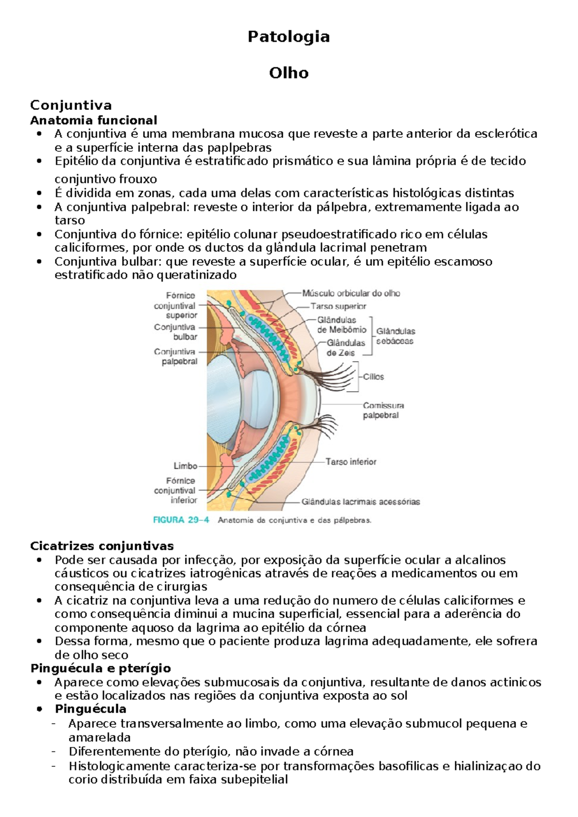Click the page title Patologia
click(x=289, y=37)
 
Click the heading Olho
click(x=289, y=73)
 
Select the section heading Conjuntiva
click(x=71, y=105)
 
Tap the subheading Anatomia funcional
click(x=93, y=120)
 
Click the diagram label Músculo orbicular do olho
click(x=351, y=293)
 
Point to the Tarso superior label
click(x=338, y=306)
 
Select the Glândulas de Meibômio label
click(x=342, y=325)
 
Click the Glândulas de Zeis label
click(x=345, y=348)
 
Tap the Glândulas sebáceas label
click(x=395, y=336)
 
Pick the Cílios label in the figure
click(x=373, y=377)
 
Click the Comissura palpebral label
click(x=383, y=410)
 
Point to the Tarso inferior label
click(x=351, y=461)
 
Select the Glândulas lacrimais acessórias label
click(x=361, y=501)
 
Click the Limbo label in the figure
click(x=185, y=466)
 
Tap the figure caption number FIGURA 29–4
click(x=181, y=520)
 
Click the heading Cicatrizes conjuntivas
click(x=102, y=546)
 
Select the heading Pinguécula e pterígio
click(x=100, y=668)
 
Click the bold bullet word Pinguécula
click(x=91, y=709)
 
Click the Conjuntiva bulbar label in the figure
click(x=175, y=332)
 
